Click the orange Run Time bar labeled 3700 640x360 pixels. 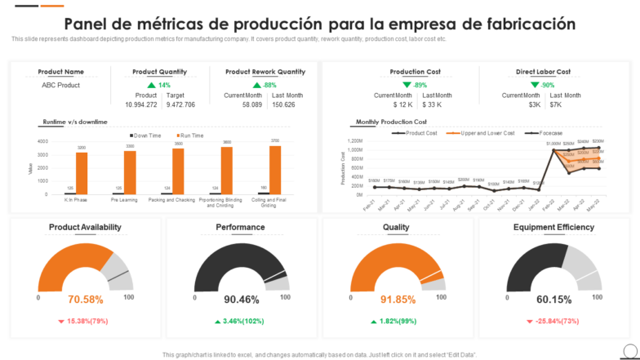275,170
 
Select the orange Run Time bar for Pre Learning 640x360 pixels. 130,172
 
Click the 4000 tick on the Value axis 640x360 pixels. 43,141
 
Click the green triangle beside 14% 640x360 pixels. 151,85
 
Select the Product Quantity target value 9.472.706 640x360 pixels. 180,104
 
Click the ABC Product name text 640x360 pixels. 60,85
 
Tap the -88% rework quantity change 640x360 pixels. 269,85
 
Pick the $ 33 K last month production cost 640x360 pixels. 432,104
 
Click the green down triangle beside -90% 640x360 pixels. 535,85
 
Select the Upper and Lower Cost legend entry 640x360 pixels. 487,132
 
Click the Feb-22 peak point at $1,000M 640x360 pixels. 553,150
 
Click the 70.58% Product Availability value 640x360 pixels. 86,300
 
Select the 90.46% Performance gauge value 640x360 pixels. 242,300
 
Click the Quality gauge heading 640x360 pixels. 396,227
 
